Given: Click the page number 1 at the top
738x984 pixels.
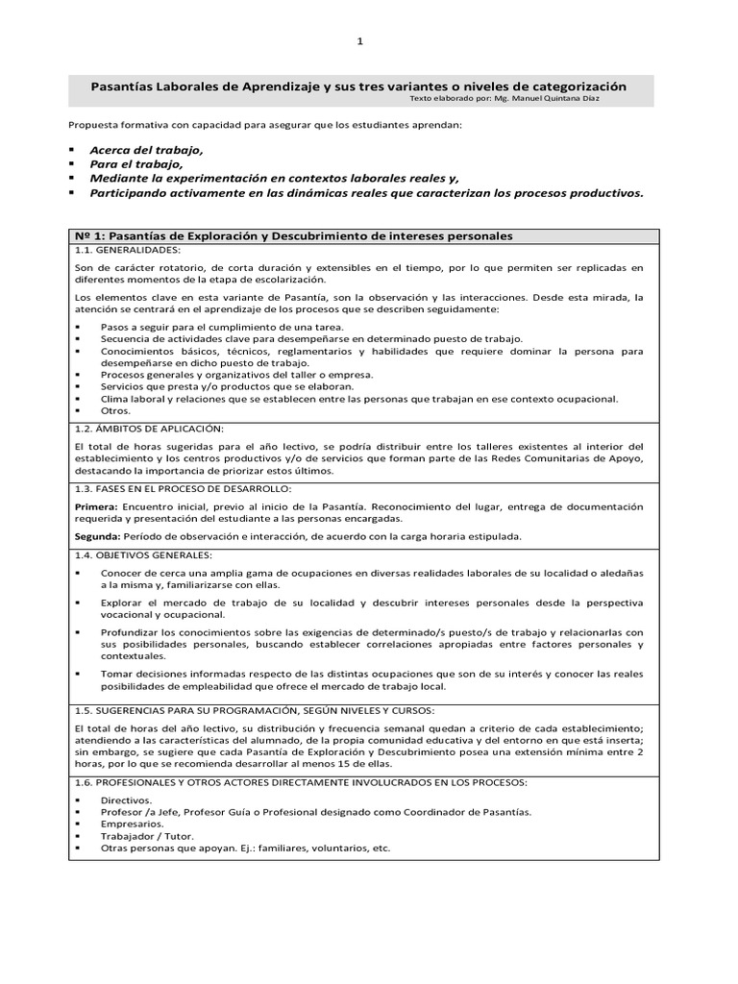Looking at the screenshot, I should point(359,41).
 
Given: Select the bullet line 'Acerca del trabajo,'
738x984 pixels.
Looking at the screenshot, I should point(147,151).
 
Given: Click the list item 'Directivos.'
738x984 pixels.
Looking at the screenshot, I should point(126,799).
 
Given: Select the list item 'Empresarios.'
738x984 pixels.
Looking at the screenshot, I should point(132,824).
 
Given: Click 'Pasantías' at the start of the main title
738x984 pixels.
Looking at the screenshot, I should point(120,86).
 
